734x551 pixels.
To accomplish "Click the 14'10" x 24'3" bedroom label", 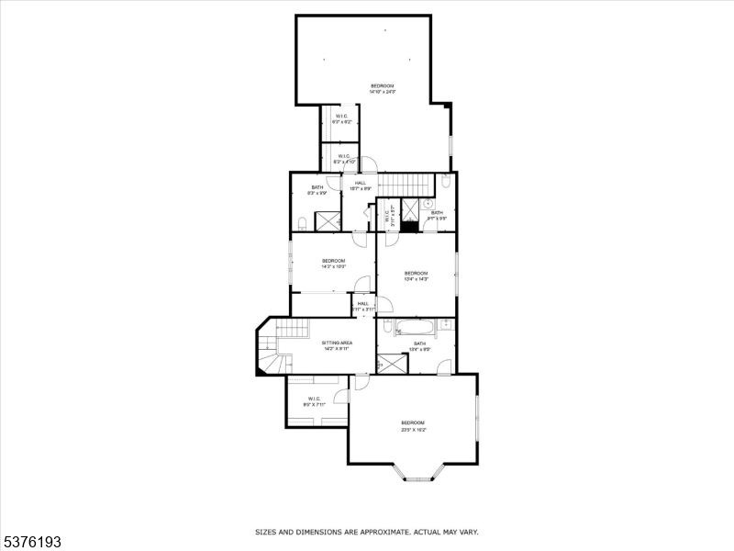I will coord(382,88).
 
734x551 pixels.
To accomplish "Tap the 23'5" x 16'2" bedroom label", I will coord(414,426).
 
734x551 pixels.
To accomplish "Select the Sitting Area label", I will coord(337,345).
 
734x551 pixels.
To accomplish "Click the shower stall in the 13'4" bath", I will coord(392,364).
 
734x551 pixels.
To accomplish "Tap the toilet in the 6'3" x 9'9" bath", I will coord(302,221).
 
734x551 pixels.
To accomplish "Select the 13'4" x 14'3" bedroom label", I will coord(417,275).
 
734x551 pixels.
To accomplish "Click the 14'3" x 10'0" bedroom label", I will coord(333,264).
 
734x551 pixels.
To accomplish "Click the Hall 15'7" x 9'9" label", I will coord(361,186).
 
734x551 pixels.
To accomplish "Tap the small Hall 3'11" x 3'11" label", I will coord(363,306).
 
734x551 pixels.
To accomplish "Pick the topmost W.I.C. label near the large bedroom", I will coord(341,118).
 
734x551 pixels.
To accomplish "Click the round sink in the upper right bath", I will coord(445,181).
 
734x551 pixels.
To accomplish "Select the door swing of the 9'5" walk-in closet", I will coord(340,396).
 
